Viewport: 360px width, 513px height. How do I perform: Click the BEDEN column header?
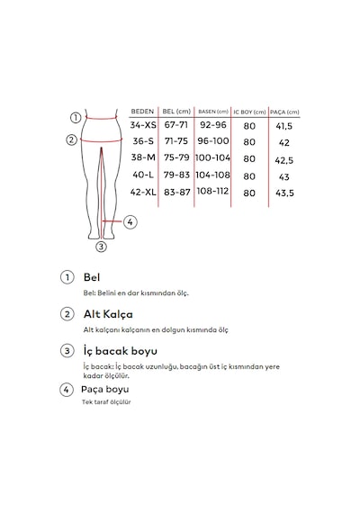point(142,112)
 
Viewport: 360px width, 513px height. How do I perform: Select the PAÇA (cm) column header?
point(284,112)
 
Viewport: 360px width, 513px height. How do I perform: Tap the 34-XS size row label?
point(143,125)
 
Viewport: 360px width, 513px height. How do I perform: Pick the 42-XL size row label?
point(143,192)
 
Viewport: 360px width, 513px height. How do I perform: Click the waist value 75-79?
point(176,157)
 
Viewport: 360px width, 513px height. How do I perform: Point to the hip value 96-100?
point(213,141)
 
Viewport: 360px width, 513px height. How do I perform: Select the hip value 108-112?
point(212,191)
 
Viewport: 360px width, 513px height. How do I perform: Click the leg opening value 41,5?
point(284,126)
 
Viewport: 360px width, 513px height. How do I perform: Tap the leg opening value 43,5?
point(284,193)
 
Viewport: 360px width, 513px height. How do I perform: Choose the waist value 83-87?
point(177,193)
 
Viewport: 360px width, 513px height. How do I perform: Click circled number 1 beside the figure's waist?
point(76,118)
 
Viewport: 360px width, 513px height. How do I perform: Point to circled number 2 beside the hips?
point(72,140)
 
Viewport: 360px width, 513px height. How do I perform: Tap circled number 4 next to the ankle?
point(130,222)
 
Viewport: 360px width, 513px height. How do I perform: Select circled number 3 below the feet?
point(101,247)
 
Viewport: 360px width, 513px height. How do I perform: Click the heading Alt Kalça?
point(108,314)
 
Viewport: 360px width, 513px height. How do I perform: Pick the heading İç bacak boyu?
point(120,351)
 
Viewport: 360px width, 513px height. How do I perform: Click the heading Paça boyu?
point(105,390)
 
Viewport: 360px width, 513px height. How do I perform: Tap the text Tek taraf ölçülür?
point(106,402)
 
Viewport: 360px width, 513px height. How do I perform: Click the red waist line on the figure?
point(102,118)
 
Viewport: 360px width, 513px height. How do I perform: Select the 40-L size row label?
point(143,175)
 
